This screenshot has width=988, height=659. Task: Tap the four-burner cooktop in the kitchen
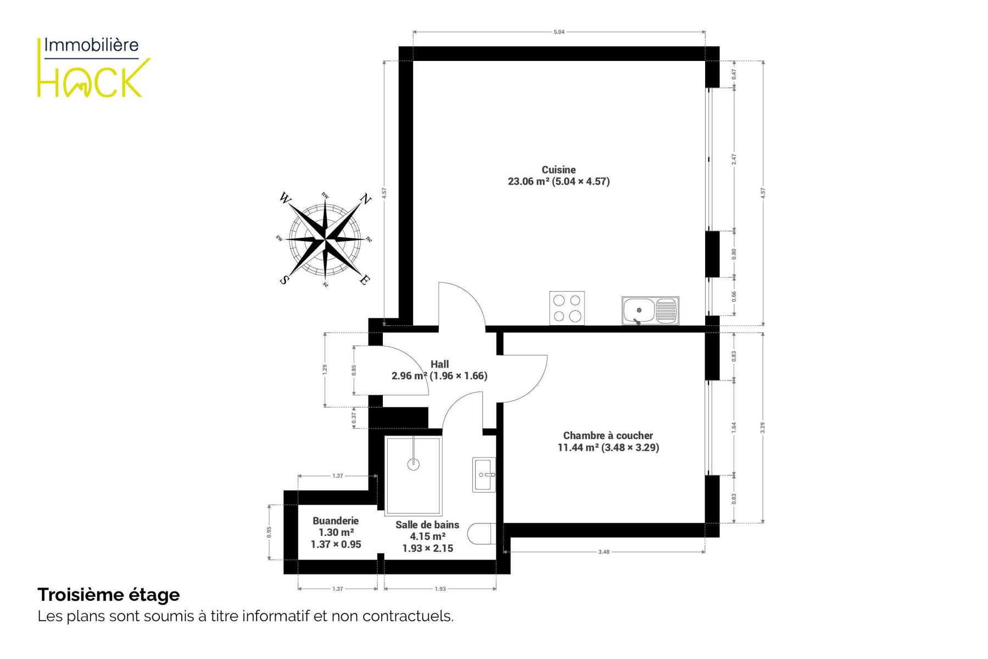567,308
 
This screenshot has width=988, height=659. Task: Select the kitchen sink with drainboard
650,310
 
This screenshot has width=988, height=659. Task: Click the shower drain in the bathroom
414,465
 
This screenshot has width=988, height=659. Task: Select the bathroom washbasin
484,474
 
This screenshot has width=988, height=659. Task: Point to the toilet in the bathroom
482,534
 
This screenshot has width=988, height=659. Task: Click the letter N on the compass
365,199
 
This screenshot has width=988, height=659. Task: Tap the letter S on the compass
284,280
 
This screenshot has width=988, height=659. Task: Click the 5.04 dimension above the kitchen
559,32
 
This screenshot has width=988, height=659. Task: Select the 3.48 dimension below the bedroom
604,551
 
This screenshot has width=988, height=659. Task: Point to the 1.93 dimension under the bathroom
440,589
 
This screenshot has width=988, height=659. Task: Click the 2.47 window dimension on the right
734,159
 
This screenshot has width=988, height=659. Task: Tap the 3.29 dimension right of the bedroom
763,427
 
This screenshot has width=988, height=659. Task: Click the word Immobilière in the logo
91,44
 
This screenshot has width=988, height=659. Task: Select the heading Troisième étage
109,595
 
